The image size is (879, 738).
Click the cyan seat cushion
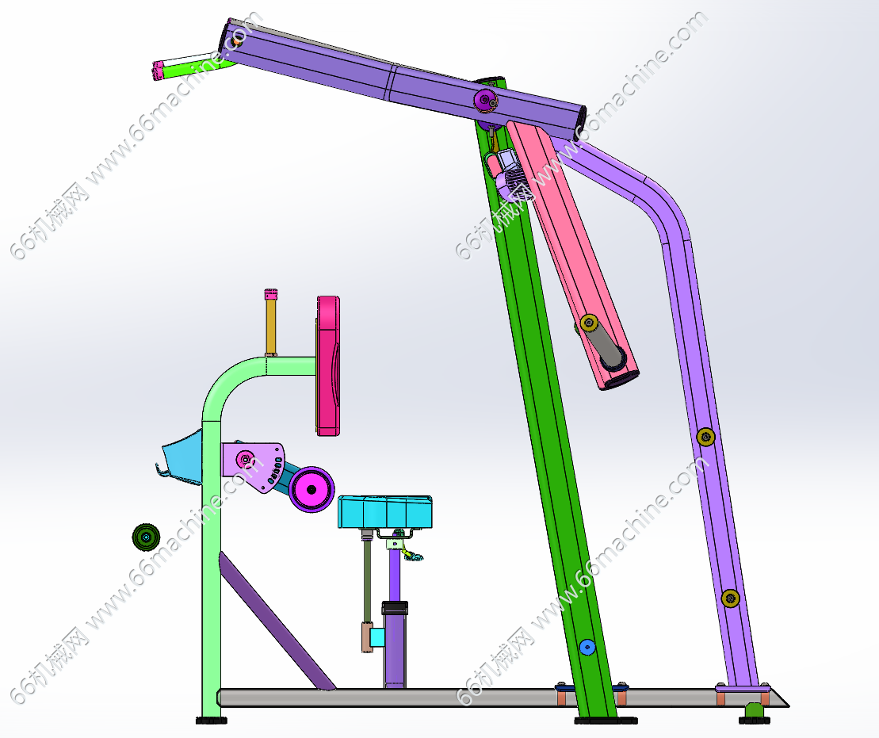pos(384,512)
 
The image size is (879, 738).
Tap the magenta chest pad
pos(328,365)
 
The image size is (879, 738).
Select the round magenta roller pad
pos(311,489)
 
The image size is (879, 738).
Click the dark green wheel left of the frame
pos(146,537)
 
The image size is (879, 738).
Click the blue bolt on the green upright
pos(587,648)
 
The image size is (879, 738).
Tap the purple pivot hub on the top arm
pos(485,101)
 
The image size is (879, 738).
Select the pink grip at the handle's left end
pos(158,71)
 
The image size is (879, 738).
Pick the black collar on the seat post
pos(395,608)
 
